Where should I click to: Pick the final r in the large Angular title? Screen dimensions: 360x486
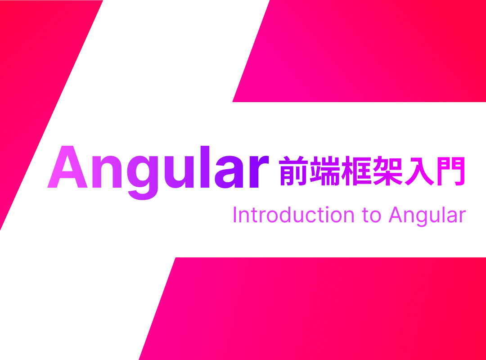pos(258,171)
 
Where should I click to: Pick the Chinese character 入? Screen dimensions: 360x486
pos(418,171)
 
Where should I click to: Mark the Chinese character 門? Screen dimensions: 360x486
pos(450,171)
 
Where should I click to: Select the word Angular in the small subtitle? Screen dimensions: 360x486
pos(427,216)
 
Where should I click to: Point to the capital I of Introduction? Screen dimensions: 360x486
pos(235,215)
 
